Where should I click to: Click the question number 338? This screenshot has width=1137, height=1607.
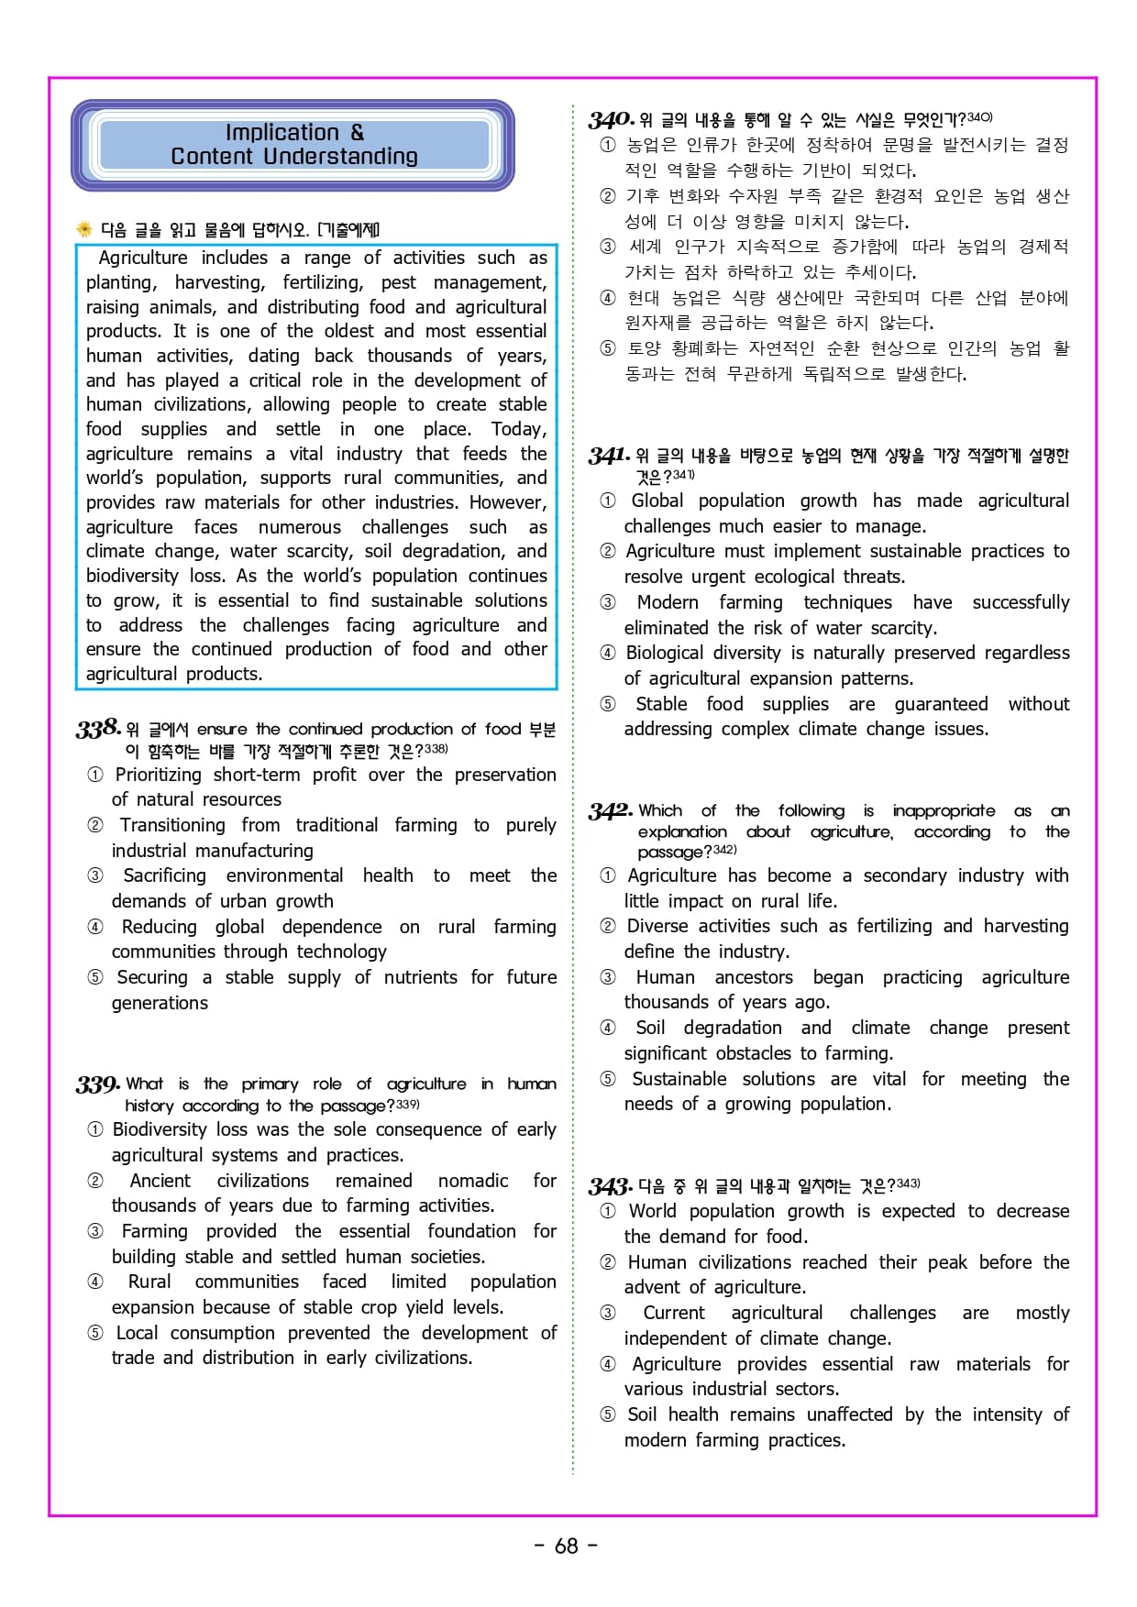pos(98,729)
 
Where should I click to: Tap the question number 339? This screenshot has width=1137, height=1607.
pos(98,1084)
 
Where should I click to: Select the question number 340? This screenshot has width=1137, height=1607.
pos(611,119)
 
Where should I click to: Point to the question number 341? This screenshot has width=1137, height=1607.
pos(609,456)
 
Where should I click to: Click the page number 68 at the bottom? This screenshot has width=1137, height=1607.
pos(567,1546)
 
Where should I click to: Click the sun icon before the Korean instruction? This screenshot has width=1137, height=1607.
pos(84,229)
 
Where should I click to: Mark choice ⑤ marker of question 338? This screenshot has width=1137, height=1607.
pos(95,977)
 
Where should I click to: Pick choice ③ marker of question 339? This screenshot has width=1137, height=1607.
pos(95,1231)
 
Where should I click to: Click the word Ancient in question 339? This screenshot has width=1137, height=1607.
pos(160,1181)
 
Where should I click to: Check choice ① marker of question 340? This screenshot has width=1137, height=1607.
pos(607,145)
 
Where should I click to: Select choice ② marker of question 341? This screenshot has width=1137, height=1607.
pos(607,551)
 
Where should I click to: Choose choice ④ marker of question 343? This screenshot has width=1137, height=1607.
pos(607,1364)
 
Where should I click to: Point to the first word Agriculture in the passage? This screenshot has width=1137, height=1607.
pos(143,258)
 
